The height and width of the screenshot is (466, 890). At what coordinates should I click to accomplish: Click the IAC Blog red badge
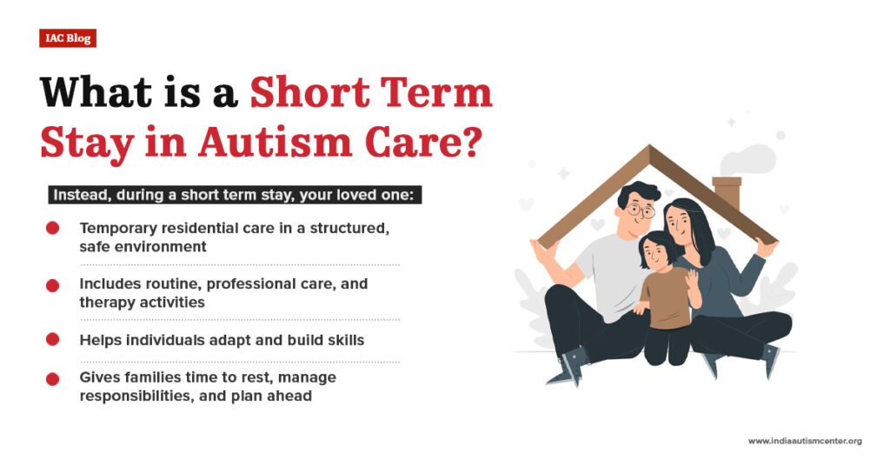click(x=67, y=38)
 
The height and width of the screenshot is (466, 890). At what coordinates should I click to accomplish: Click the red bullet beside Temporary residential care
click(x=52, y=229)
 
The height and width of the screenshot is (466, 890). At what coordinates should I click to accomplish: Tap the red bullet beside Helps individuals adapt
click(x=52, y=339)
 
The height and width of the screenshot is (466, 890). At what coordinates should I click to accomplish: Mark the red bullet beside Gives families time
click(x=52, y=378)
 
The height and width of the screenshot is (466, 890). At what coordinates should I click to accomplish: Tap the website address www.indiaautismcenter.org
click(x=804, y=442)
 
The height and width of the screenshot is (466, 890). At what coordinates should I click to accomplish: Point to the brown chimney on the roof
click(x=726, y=191)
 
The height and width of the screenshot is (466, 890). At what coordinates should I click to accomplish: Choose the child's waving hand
click(x=693, y=280)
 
